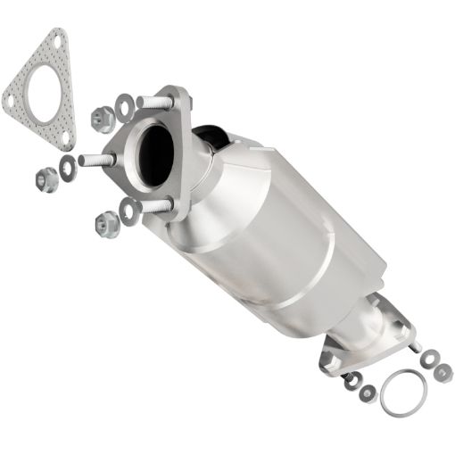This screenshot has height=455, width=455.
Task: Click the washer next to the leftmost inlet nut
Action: [x=67, y=163]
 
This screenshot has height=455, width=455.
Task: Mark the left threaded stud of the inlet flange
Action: [x=95, y=161]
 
